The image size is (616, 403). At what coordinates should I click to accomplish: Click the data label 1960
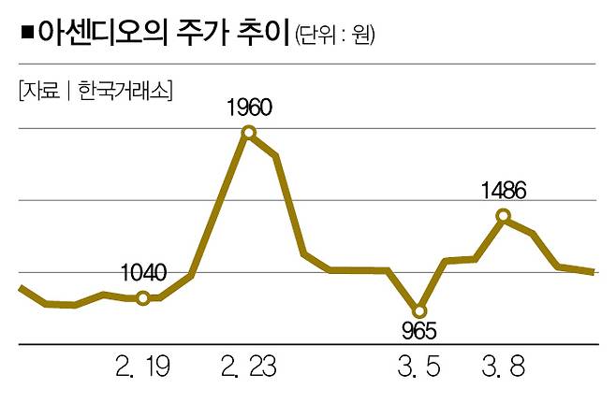[x=249, y=107]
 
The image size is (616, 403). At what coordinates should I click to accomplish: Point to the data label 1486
[x=504, y=192]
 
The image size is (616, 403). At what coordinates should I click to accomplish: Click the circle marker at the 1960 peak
[x=249, y=132]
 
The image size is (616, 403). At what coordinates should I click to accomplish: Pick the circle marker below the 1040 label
[x=142, y=298]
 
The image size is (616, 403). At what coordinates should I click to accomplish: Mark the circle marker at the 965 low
[x=418, y=310]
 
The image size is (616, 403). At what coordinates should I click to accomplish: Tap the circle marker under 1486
[x=504, y=216]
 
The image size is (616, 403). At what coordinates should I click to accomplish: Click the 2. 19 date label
[x=143, y=364]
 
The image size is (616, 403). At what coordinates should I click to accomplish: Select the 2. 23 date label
[x=248, y=364]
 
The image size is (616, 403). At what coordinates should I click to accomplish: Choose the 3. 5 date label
[x=418, y=364]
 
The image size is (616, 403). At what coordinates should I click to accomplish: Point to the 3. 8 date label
[x=503, y=364]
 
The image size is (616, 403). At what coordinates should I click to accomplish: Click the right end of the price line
[x=594, y=272]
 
